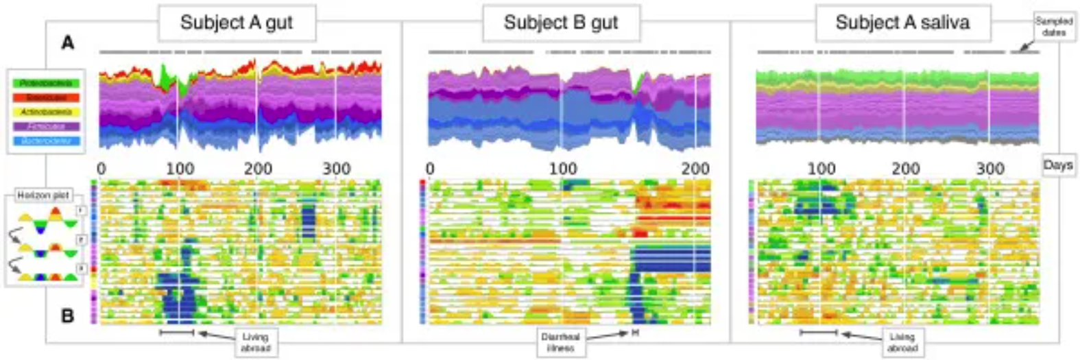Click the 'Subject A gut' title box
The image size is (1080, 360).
[x=237, y=23]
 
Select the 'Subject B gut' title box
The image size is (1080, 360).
[x=561, y=23]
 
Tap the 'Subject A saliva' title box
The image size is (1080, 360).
[x=902, y=23]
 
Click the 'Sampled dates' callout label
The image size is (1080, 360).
[x=1053, y=27]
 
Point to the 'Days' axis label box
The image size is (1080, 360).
[x=1057, y=165]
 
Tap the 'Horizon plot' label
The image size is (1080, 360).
[x=43, y=195]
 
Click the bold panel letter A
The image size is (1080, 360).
[x=67, y=43]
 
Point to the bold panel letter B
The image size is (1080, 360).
[x=67, y=316]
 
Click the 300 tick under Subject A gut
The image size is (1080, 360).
[x=337, y=168]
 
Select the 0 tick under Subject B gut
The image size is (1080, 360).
[x=430, y=168]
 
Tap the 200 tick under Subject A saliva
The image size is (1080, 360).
[x=905, y=168]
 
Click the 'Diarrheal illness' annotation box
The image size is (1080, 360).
[x=560, y=341]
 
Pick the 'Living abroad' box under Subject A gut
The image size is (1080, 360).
[x=255, y=341]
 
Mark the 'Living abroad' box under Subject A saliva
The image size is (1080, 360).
[x=902, y=341]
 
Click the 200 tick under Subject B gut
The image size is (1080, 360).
[x=695, y=168]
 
